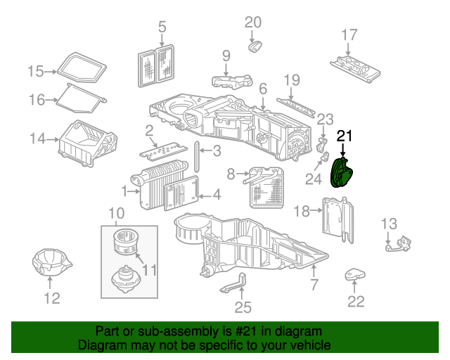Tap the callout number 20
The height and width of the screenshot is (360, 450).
point(252,22)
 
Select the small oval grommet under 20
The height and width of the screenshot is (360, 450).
point(255,46)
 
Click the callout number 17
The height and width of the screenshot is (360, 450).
point(349,34)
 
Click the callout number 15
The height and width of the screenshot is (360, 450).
point(36,71)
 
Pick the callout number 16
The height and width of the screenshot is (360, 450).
point(37,100)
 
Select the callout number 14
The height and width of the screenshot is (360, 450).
point(37,139)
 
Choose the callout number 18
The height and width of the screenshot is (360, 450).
point(301,211)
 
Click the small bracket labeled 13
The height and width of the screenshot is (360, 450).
point(397,243)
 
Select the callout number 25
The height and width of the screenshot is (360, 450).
point(243,307)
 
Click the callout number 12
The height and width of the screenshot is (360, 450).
point(53,299)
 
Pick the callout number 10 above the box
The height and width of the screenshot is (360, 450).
point(116,213)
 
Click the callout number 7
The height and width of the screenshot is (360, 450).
point(314,285)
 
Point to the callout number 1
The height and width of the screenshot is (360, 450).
point(124,191)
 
